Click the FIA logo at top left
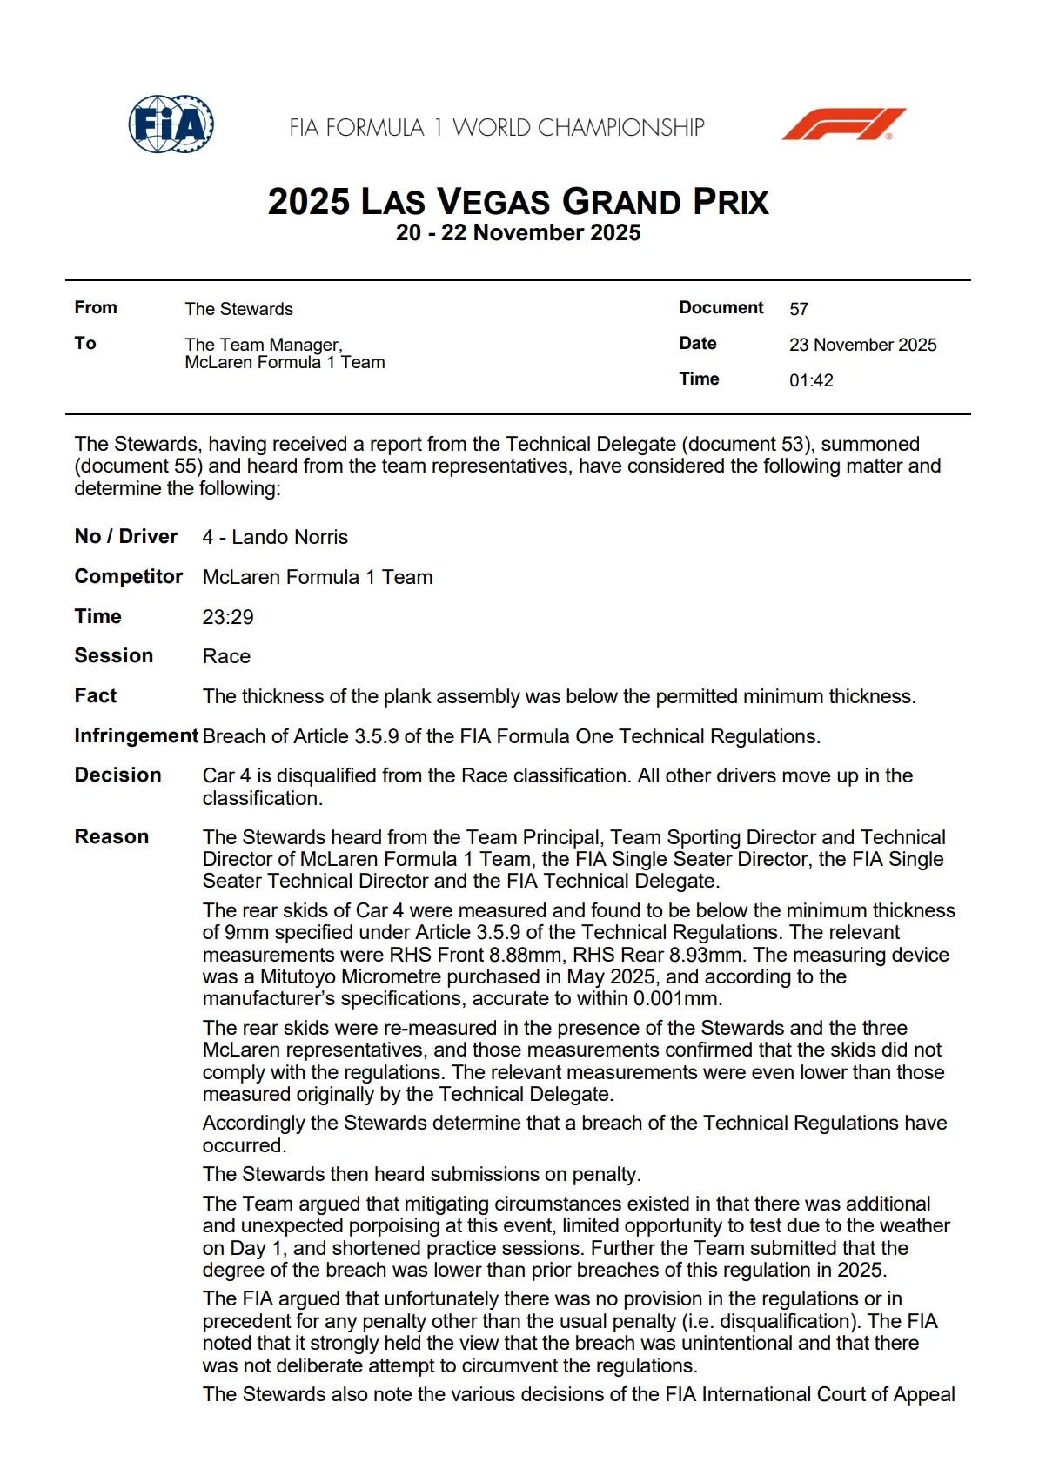tap(171, 124)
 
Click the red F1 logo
tap(843, 124)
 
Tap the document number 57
tap(799, 309)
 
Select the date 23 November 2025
tap(862, 345)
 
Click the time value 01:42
tap(811, 380)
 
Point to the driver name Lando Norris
tap(289, 537)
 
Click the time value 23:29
tap(228, 617)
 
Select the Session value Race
tap(226, 656)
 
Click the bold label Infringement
tap(136, 735)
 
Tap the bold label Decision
tap(117, 775)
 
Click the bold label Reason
tap(111, 836)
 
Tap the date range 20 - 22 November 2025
tap(518, 232)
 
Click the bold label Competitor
tap(128, 576)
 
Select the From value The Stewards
tap(238, 309)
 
